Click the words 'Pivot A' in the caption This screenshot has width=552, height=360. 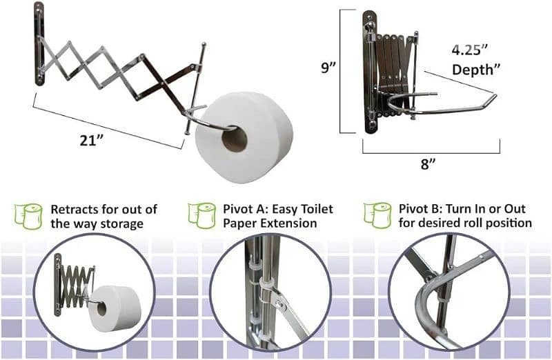[241, 208]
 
